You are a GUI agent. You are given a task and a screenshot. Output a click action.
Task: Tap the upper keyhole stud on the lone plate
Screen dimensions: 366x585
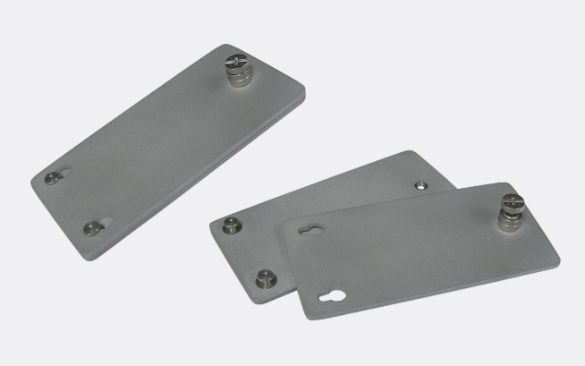click(53, 177)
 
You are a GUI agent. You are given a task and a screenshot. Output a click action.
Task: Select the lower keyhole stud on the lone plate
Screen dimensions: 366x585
click(92, 228)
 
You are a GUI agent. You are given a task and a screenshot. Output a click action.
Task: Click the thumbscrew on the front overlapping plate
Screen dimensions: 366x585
click(511, 210)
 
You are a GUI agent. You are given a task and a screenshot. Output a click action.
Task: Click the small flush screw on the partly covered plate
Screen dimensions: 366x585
click(420, 186)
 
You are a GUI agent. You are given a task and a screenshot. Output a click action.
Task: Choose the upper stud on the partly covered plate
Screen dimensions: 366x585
click(232, 225)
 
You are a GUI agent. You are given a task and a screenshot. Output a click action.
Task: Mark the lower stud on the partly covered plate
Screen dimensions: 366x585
click(263, 278)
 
